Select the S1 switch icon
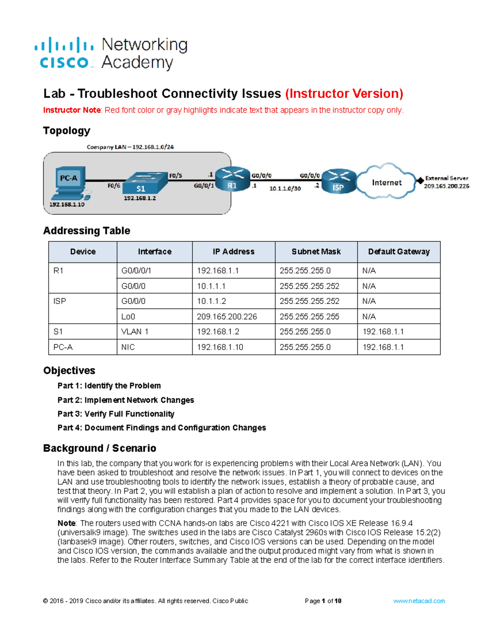point(145,183)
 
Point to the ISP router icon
point(338,181)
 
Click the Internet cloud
point(386,182)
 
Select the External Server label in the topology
point(447,178)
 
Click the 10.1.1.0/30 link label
point(285,189)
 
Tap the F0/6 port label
point(114,185)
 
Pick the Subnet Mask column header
point(316,252)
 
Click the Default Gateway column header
point(399,252)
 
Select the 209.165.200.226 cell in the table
point(227,317)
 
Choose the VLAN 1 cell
point(135,332)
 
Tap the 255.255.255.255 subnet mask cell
point(309,317)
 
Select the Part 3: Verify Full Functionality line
point(116,414)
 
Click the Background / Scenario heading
point(100,448)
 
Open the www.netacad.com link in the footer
point(419,601)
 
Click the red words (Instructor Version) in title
point(344,94)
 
